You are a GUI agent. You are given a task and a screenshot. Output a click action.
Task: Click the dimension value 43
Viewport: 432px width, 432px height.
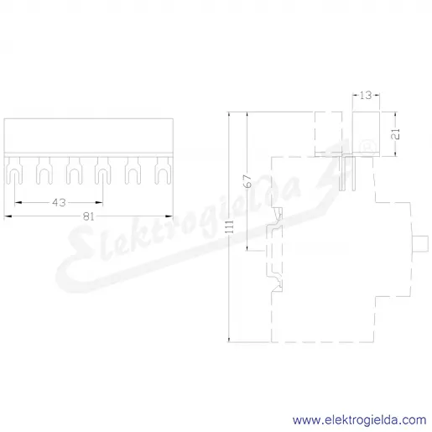59,202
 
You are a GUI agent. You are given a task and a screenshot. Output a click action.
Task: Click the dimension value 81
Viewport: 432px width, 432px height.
88,216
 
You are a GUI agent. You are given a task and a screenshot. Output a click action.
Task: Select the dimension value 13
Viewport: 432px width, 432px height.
366,96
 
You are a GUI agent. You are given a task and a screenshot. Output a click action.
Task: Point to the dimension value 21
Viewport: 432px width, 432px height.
396,134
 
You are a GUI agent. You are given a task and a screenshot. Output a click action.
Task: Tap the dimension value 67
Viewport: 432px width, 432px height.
247,181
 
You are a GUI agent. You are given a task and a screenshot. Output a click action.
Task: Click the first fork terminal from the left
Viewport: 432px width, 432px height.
14,170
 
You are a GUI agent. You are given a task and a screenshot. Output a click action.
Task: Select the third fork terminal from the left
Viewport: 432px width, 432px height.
74,170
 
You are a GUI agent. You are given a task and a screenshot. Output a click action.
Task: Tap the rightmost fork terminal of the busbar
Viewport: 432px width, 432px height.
163,170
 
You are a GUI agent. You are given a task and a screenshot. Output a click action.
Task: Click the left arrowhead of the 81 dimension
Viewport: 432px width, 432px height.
8,216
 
